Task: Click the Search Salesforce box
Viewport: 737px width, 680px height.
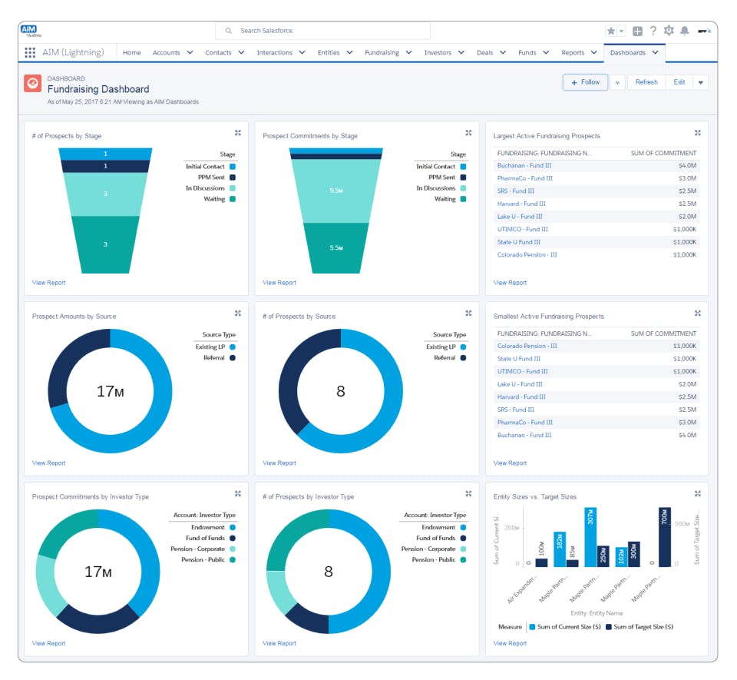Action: [x=322, y=31]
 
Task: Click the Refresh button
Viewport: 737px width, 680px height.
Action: [x=646, y=82]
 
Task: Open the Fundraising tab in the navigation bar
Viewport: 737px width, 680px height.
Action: [x=382, y=53]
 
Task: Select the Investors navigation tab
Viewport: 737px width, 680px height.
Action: [x=438, y=53]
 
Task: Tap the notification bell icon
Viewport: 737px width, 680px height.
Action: [x=684, y=31]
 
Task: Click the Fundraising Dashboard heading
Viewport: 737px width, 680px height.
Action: [x=98, y=89]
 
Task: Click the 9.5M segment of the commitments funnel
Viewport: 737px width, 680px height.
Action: [x=335, y=191]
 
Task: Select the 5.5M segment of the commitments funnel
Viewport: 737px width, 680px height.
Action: [x=335, y=247]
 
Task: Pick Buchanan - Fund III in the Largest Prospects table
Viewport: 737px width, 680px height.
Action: [x=524, y=165]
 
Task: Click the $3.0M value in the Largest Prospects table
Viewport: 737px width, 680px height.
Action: [x=686, y=178]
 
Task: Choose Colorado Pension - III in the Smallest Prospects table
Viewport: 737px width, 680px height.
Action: [x=527, y=346]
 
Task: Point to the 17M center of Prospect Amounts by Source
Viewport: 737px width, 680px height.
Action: [x=110, y=391]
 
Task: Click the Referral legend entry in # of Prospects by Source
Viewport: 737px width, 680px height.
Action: [x=445, y=358]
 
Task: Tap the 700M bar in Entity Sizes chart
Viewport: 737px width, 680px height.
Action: [x=664, y=536]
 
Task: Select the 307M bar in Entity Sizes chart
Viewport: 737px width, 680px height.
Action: [x=590, y=536]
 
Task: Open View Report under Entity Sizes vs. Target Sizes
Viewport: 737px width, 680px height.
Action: [x=510, y=643]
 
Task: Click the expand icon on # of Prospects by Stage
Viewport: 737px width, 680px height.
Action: [x=238, y=133]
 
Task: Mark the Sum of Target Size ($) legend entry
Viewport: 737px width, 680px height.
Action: [x=639, y=627]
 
